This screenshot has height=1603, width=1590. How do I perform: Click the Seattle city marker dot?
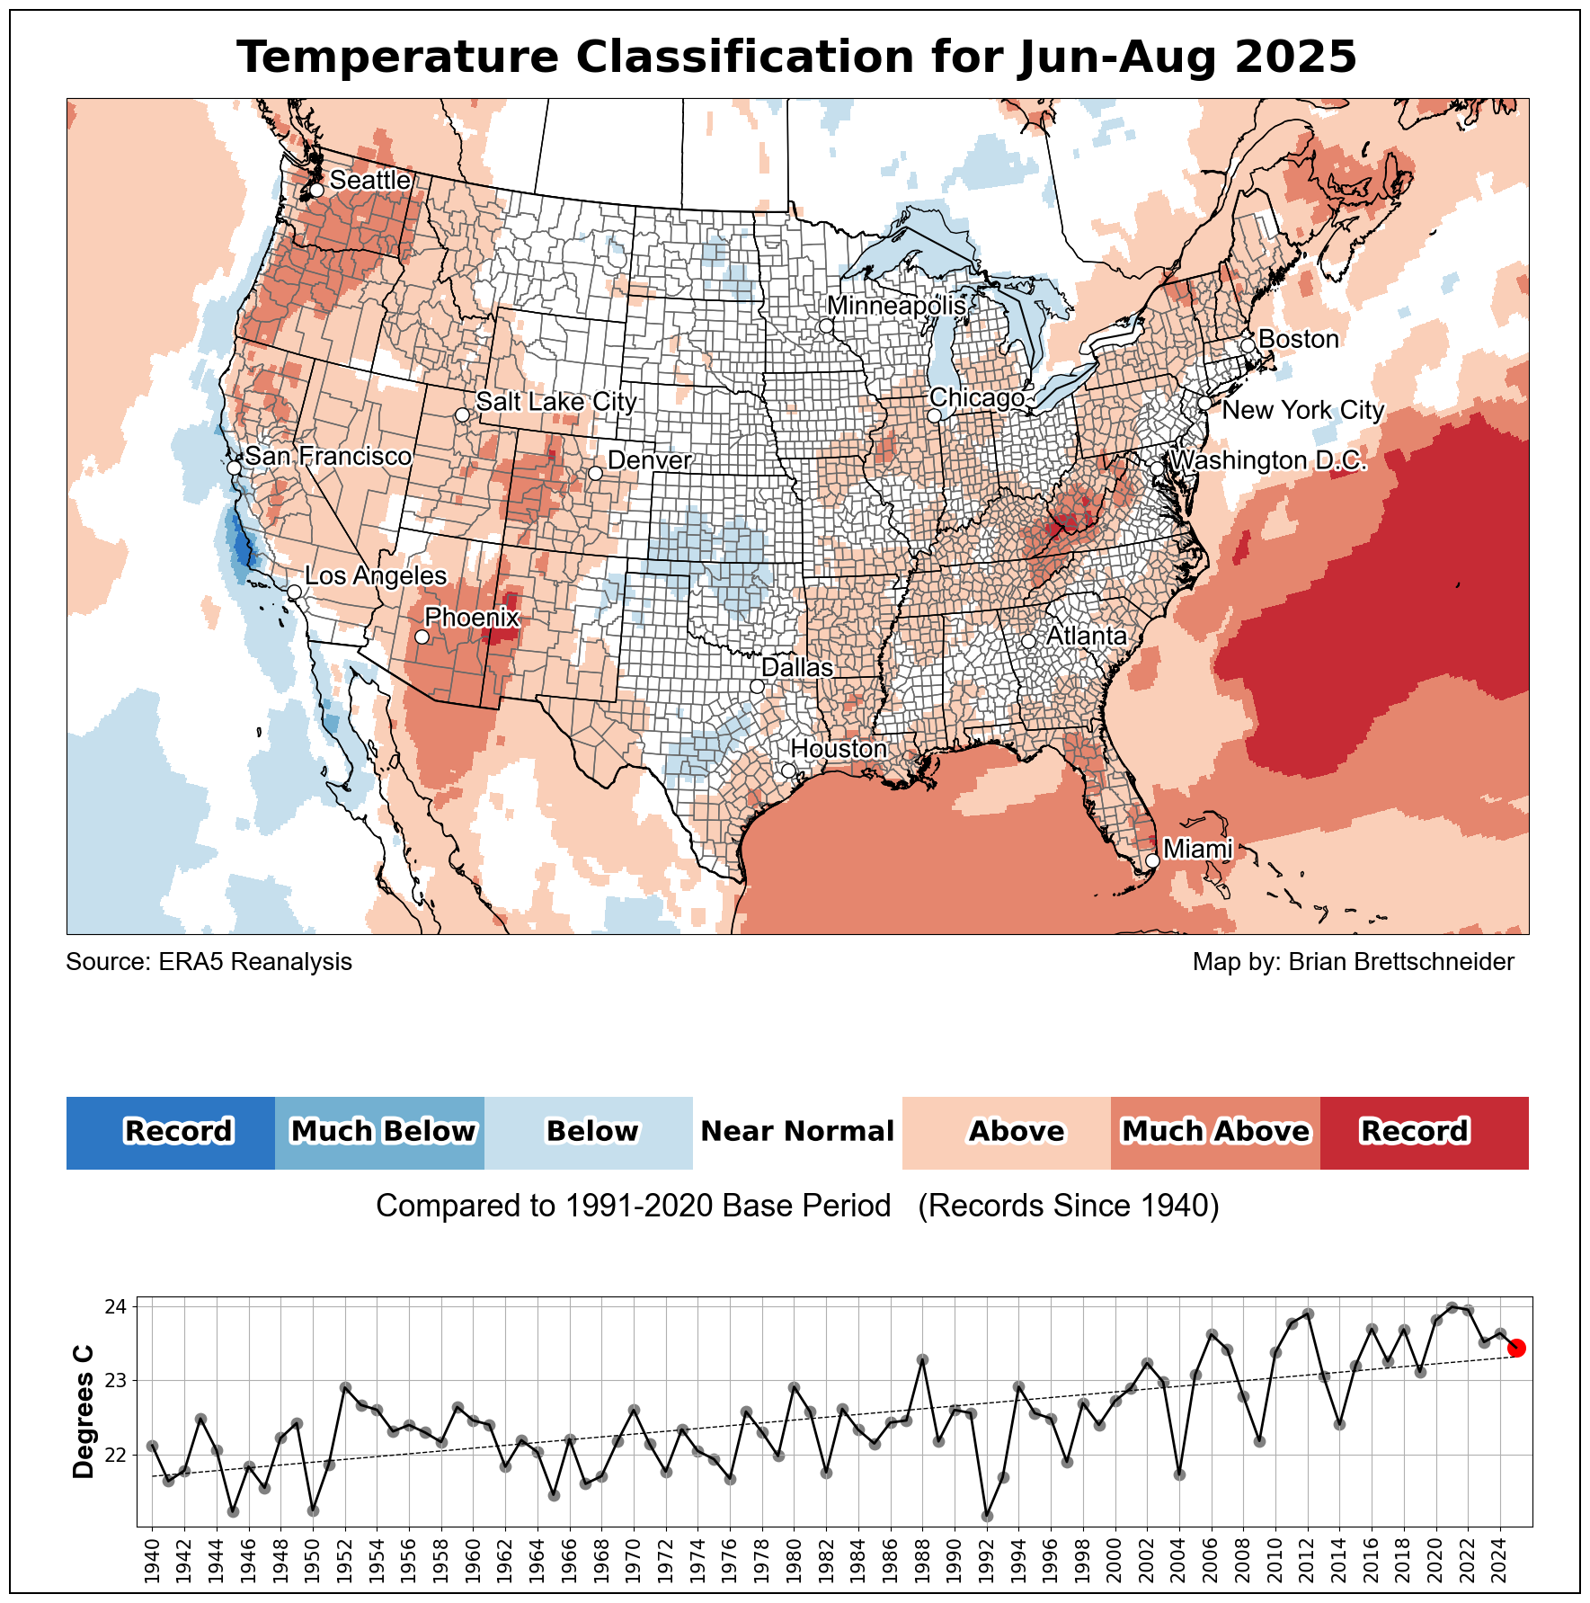316,191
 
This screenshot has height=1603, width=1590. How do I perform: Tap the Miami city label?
1197,849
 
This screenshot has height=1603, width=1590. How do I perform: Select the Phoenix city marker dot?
422,637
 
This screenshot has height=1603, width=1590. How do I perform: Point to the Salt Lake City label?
556,401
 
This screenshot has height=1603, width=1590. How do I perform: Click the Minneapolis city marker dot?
826,325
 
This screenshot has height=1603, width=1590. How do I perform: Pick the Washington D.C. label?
1269,460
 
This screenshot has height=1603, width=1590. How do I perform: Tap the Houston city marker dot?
788,770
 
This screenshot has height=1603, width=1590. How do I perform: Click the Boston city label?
1299,339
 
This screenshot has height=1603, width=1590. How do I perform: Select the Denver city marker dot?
595,473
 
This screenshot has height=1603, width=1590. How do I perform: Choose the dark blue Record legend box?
171,1132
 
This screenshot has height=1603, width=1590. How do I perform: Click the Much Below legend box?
379,1132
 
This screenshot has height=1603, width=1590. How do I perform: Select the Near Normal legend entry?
797,1132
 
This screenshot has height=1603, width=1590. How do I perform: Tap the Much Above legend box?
1215,1132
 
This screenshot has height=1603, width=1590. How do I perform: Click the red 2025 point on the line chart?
1516,1348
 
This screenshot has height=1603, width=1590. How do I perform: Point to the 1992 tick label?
987,1563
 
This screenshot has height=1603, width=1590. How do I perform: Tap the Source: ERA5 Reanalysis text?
209,962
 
